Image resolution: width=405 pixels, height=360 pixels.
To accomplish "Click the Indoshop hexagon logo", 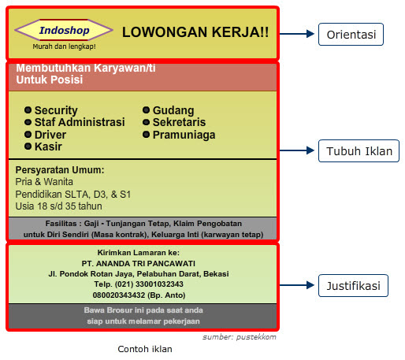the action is click(64, 30).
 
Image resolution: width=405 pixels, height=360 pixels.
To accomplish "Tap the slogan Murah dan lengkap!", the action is click(64, 46).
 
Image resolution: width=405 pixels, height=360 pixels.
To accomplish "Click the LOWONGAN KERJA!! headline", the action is click(195, 32).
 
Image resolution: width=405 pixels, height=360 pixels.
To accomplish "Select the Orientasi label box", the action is click(351, 35).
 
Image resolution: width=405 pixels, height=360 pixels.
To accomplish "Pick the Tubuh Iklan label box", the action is click(359, 151).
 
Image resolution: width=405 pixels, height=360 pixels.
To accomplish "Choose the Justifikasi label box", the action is click(353, 286).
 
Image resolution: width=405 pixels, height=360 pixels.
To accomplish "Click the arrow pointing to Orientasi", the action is click(297, 34).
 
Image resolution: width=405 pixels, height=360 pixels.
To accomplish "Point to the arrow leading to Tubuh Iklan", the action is click(297, 150).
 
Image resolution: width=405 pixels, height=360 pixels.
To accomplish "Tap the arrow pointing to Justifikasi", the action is click(297, 285).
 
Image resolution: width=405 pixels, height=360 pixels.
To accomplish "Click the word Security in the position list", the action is click(56, 110).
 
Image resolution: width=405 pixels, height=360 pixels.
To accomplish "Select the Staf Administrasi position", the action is click(80, 122).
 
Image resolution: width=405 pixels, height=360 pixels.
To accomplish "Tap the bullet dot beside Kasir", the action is click(28, 147).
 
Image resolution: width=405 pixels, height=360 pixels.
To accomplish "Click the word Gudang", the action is click(173, 110).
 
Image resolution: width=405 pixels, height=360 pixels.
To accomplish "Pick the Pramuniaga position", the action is click(184, 135).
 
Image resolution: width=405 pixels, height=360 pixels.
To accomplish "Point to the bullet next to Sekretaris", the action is click(146, 122).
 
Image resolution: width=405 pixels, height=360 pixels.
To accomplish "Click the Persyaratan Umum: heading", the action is click(60, 170).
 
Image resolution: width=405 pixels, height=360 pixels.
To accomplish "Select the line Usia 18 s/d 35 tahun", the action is click(58, 206).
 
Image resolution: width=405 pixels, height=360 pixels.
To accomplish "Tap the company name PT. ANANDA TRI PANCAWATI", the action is click(139, 263).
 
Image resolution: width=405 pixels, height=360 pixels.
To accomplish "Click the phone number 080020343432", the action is click(119, 295).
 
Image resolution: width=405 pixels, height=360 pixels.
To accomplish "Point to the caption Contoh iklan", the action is click(145, 349).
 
